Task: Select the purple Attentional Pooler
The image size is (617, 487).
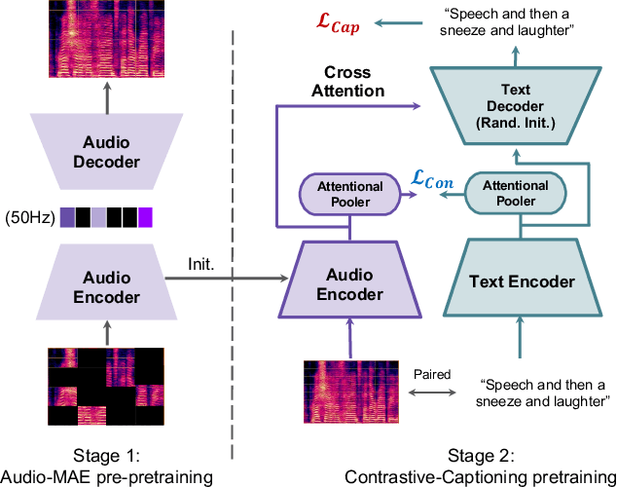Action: click(x=350, y=194)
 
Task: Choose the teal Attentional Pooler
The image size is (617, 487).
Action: click(x=509, y=194)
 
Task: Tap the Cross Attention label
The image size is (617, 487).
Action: click(x=347, y=82)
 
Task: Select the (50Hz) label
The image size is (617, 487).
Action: click(x=28, y=214)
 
